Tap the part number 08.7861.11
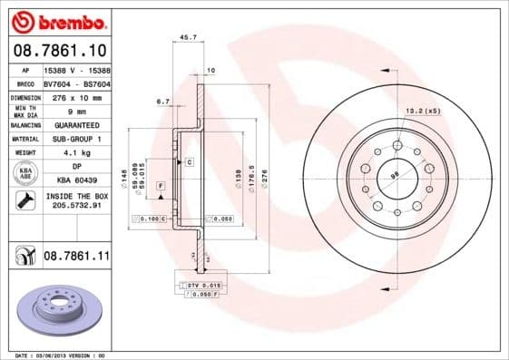[75, 258]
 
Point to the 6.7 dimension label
[163, 102]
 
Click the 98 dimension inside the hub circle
[395, 174]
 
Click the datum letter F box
[161, 185]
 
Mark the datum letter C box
[191, 161]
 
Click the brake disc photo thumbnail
[58, 310]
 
